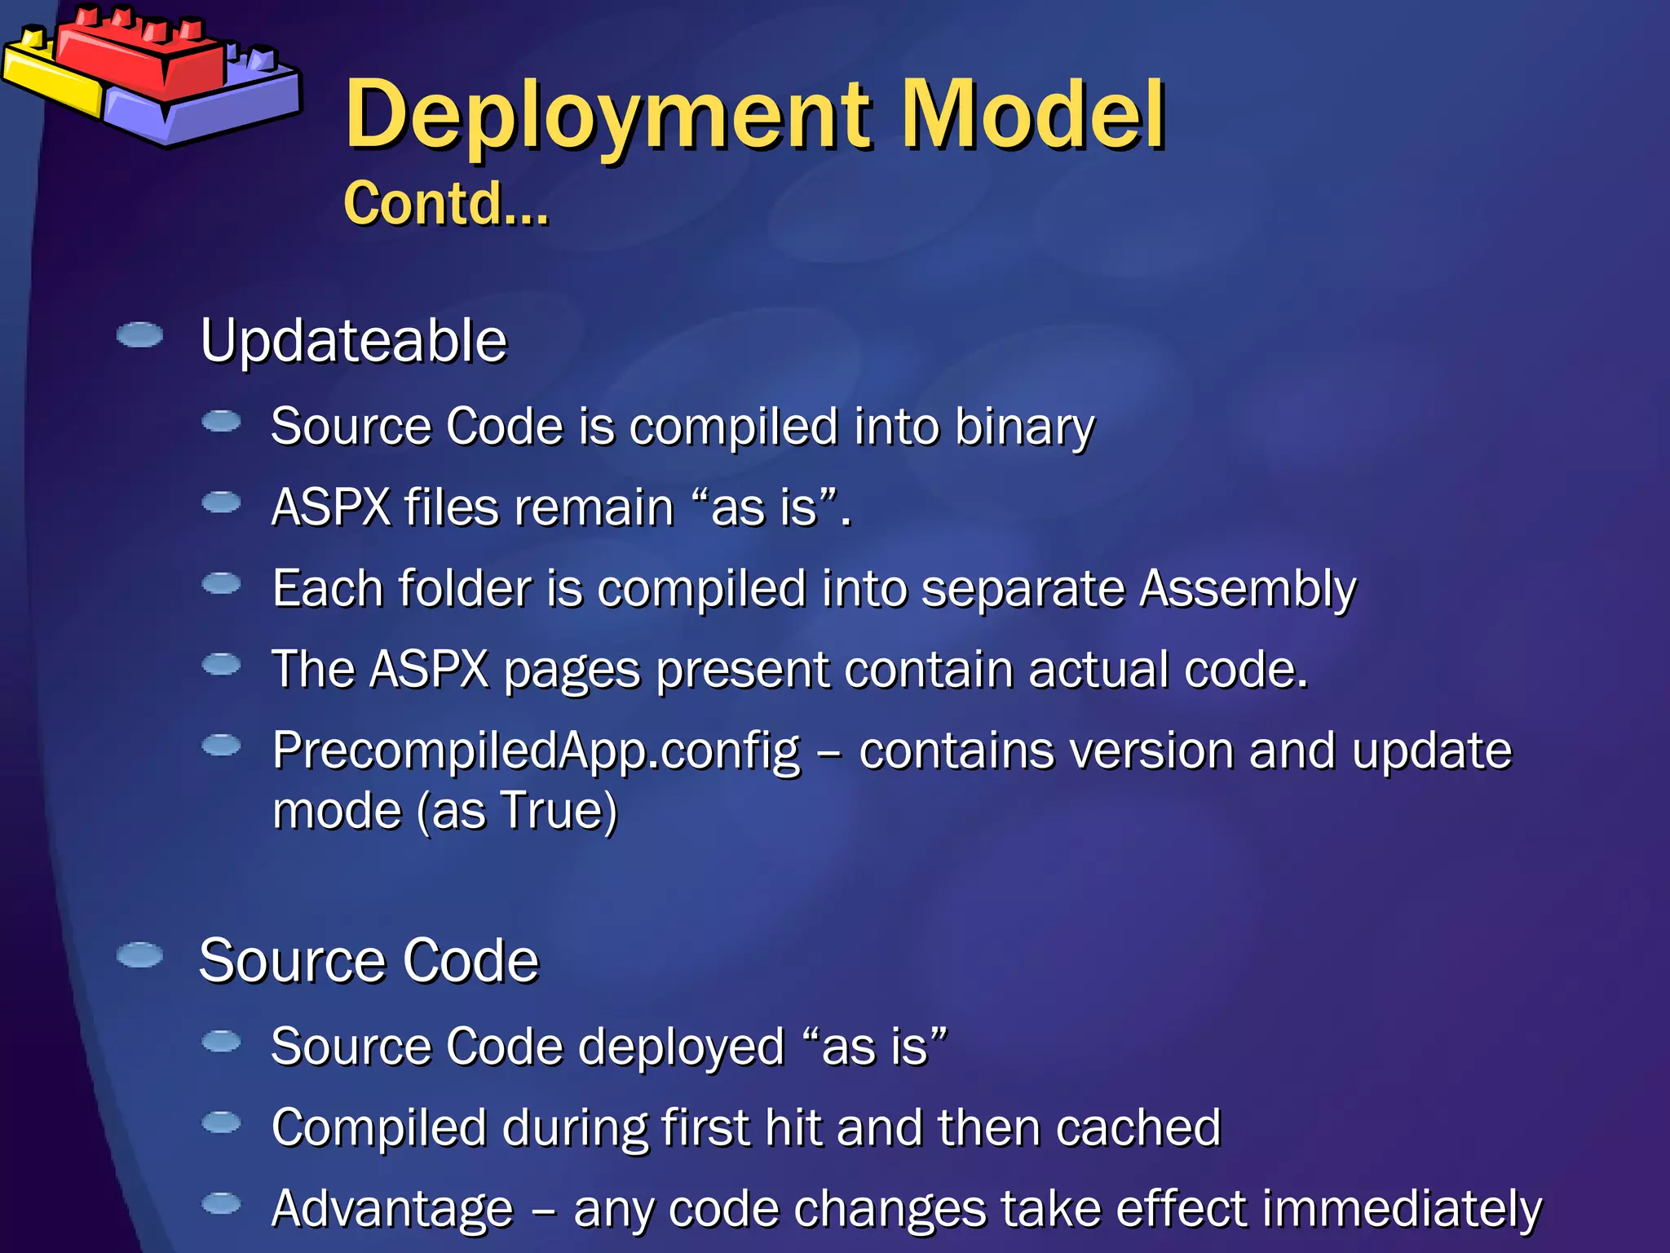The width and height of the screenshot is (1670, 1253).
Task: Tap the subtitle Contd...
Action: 445,203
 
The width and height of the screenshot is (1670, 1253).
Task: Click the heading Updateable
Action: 353,340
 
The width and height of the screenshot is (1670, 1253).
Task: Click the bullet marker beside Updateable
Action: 139,335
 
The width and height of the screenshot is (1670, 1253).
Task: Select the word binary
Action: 1024,427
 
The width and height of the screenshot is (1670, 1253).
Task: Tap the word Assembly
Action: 1247,588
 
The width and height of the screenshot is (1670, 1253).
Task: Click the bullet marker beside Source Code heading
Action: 139,955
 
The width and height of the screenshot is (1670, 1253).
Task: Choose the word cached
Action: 1138,1127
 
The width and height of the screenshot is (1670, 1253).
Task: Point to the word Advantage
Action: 392,1208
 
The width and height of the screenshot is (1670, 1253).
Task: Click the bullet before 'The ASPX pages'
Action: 221,665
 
